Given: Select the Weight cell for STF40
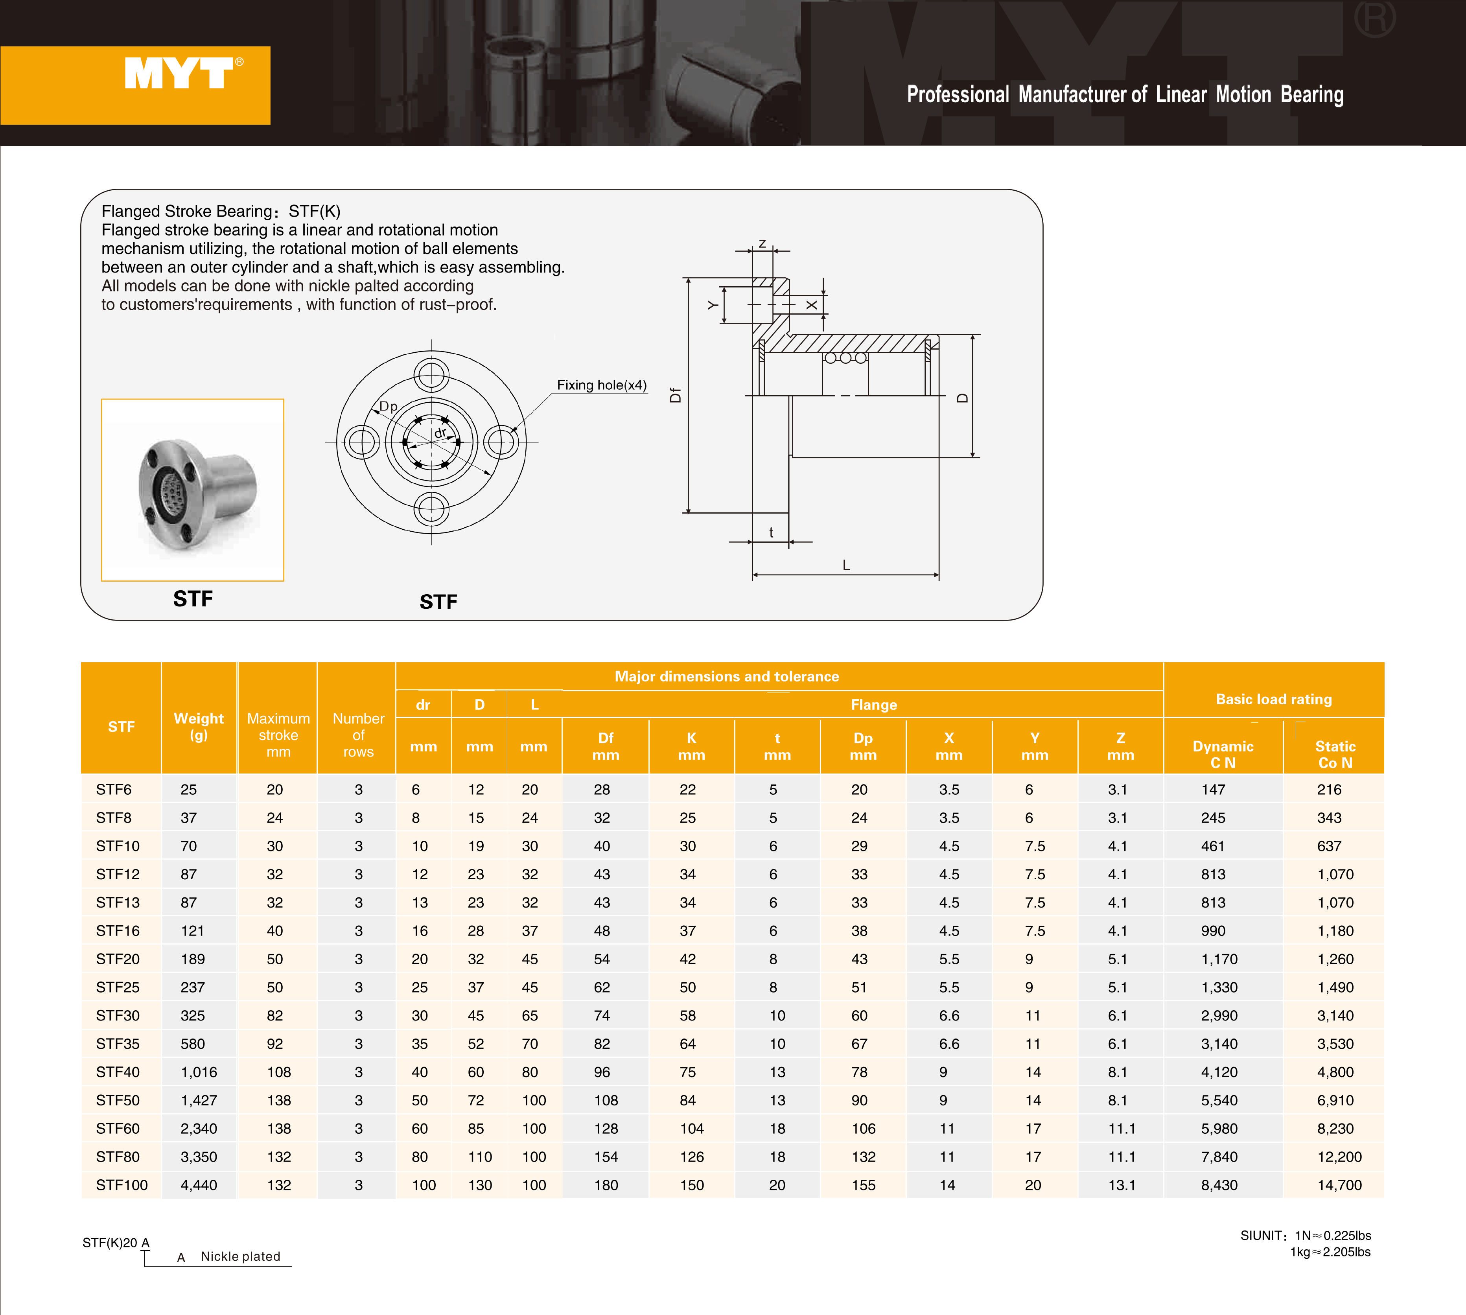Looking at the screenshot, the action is (x=199, y=1072).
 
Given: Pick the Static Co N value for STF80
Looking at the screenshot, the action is (x=1339, y=1157).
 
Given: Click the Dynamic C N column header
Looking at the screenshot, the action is (x=1223, y=754).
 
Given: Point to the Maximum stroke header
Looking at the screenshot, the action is (x=278, y=735).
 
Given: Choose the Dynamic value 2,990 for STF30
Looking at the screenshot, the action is (x=1219, y=1015).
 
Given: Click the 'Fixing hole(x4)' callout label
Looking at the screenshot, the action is (x=601, y=385).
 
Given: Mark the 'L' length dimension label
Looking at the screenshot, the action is (x=846, y=565).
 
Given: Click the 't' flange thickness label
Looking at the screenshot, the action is (x=771, y=532).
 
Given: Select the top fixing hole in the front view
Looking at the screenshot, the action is (x=431, y=376).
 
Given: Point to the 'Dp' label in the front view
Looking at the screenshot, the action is (x=388, y=406).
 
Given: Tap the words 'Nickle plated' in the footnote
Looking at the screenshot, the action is (x=241, y=1256).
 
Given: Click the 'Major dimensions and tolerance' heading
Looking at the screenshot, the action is (x=727, y=676).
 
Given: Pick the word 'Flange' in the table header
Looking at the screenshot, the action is (x=873, y=704).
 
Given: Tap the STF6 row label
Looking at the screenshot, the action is (x=113, y=790).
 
